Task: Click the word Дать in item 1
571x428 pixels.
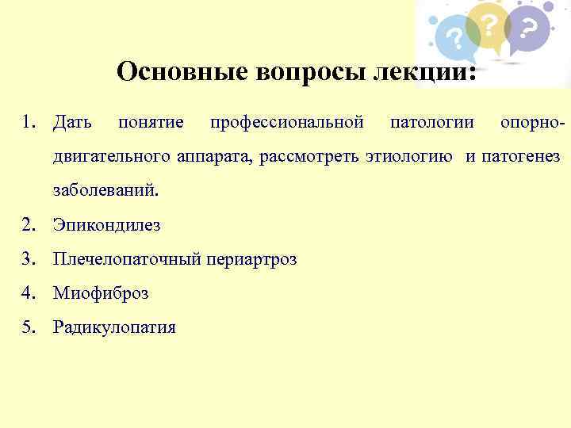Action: tap(71, 123)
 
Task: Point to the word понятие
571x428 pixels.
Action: tap(151, 123)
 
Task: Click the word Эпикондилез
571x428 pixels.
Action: tap(106, 225)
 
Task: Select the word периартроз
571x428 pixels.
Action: tap(250, 259)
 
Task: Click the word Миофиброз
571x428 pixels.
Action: tap(101, 293)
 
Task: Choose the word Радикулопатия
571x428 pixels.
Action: tap(114, 327)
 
